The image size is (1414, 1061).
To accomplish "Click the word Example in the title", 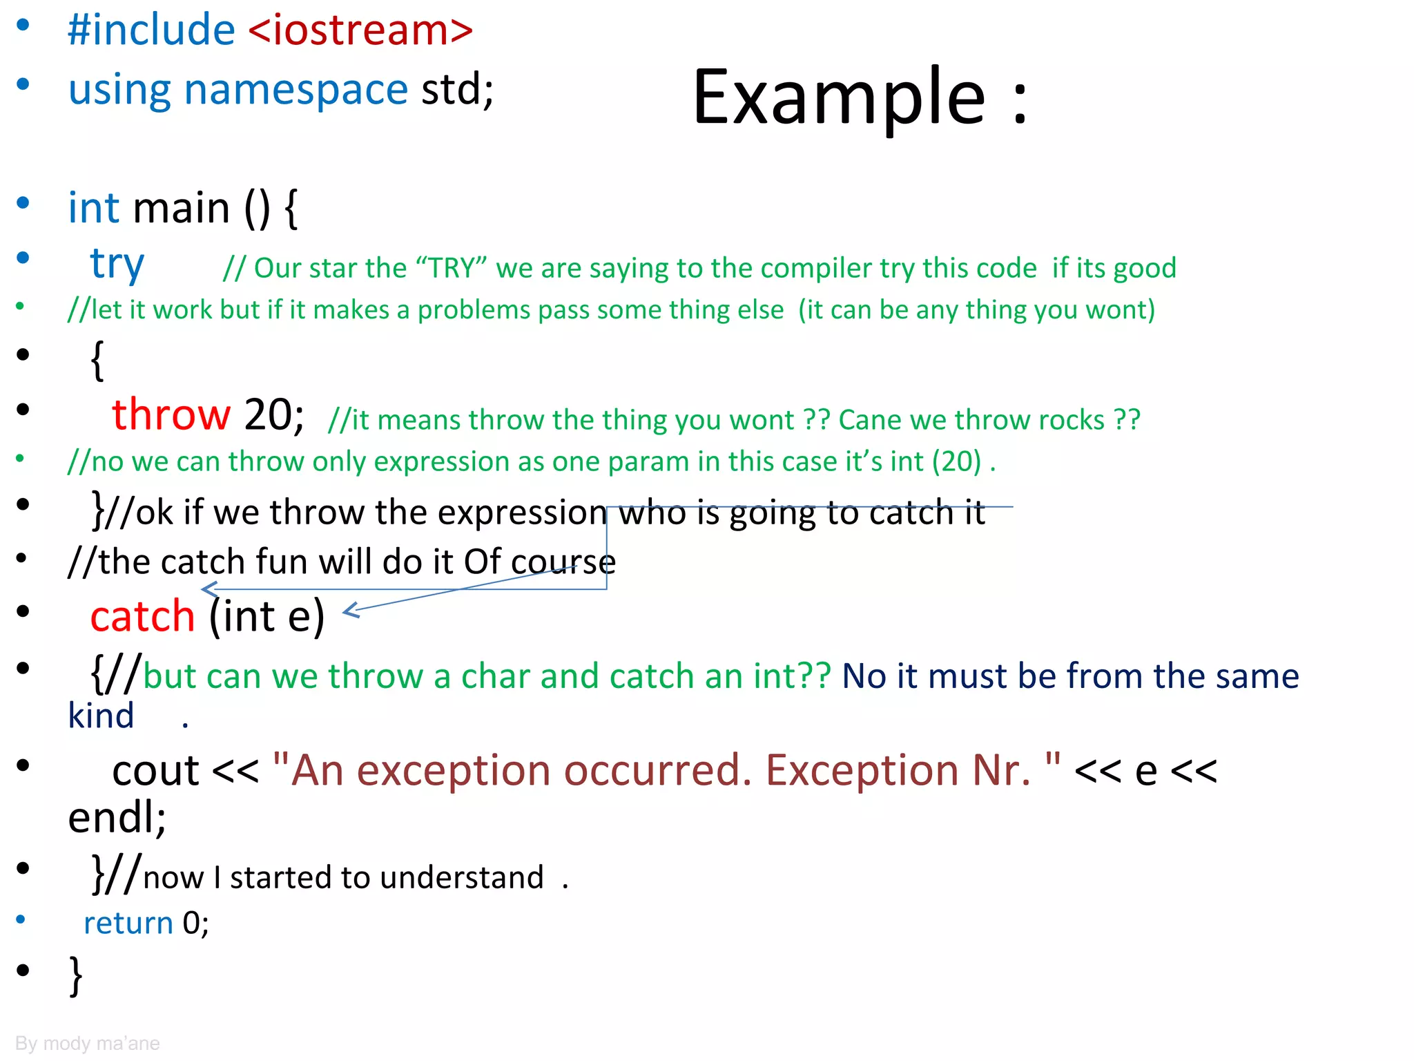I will point(838,98).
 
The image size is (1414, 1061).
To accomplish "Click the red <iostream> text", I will point(360,30).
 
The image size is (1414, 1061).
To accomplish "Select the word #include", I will point(151,30).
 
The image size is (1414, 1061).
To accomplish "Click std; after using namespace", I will point(458,90).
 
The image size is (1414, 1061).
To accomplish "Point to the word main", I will point(181,208).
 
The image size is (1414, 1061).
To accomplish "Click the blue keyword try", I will point(117,265).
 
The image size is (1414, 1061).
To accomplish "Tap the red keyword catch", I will point(142,616).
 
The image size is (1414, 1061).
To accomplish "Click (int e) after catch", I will point(267,616).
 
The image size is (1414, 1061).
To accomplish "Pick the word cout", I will point(155,770).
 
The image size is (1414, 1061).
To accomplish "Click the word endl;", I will point(117,818).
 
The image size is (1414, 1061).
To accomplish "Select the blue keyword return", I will point(128,923).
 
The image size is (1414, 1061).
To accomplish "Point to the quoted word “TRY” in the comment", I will point(452,268).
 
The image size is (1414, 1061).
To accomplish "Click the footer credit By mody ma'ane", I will point(87,1043).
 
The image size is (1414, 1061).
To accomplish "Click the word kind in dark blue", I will point(101,716).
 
